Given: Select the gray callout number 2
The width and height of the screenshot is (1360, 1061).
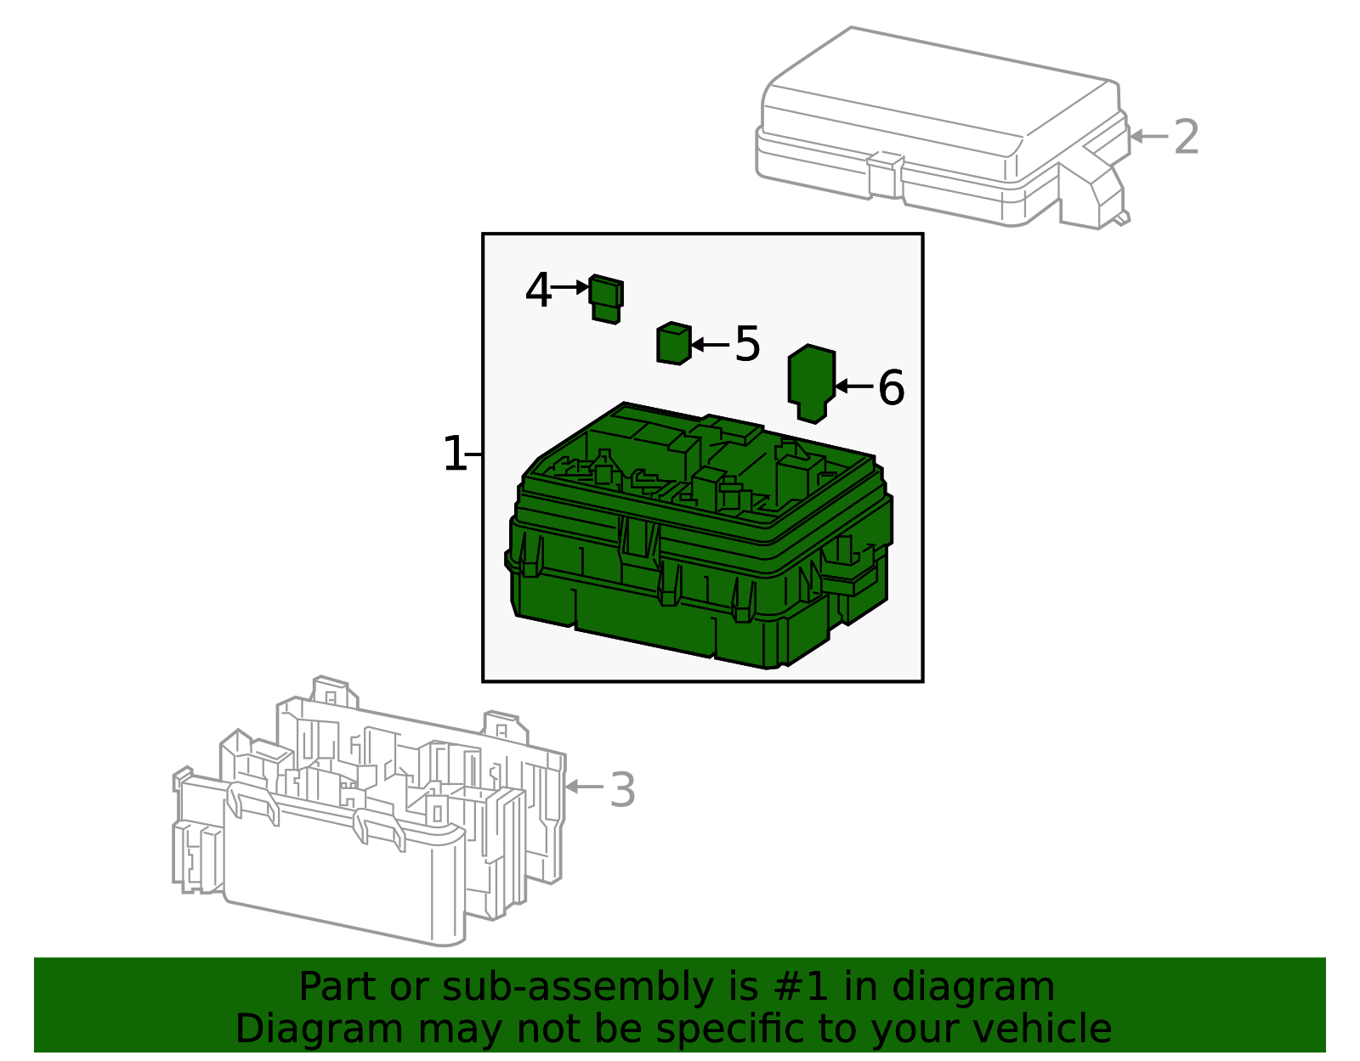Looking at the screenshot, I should [1186, 137].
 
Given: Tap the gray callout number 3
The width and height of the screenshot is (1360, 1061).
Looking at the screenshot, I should [622, 790].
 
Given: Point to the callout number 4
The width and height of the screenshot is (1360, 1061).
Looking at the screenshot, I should [538, 291].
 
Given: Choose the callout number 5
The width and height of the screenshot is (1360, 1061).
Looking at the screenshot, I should [747, 344].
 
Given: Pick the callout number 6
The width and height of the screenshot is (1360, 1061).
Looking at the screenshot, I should [891, 387].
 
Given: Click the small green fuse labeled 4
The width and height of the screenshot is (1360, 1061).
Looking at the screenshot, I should [606, 299].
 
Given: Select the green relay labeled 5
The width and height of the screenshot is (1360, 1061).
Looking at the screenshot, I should [673, 344].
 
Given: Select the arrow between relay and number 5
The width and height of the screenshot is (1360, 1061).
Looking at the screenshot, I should [711, 344].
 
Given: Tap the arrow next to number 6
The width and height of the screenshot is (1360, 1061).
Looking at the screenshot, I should [854, 386].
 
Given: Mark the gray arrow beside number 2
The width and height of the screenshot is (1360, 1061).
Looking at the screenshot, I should [1147, 136].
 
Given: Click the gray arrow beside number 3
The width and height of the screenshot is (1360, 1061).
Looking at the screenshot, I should [584, 787].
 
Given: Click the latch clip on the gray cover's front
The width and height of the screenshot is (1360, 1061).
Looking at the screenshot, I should [886, 175].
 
